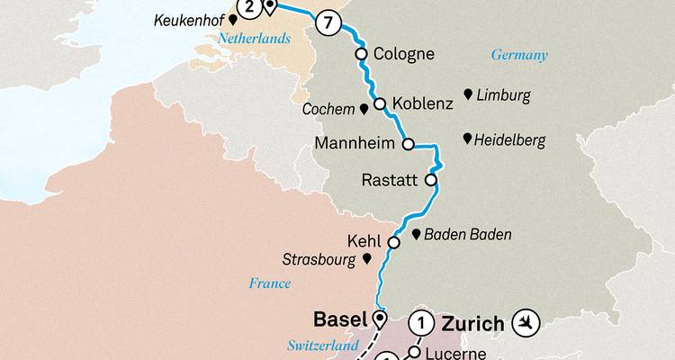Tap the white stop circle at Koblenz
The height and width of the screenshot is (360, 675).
pos(380,103)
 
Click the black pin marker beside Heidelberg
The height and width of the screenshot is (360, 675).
pos(467,139)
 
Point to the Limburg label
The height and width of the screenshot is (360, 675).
pos(504,94)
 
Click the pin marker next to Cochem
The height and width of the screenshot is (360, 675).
pos(364,109)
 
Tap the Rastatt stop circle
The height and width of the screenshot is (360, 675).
pos(431,180)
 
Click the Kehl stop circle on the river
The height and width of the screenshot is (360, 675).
pos(394,242)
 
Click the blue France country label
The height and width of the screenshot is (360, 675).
pos(271,283)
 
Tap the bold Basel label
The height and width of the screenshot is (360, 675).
pos(338,319)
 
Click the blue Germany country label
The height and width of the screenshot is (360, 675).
pos(518,55)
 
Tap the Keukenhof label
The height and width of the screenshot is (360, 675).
pos(187,17)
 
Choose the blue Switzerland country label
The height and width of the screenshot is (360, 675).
pos(318,345)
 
